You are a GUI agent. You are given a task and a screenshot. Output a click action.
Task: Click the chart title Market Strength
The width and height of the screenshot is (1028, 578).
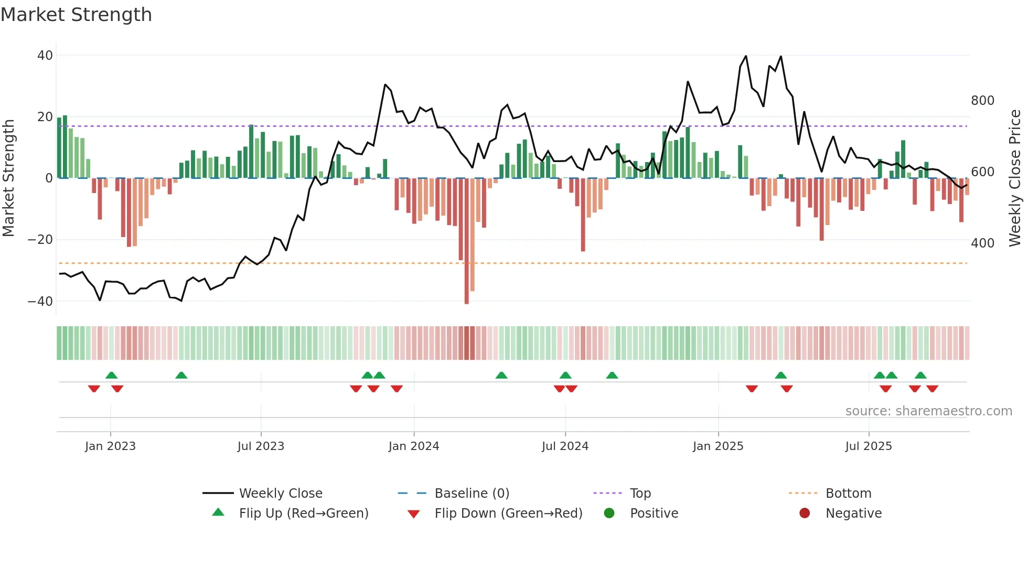coord(76,15)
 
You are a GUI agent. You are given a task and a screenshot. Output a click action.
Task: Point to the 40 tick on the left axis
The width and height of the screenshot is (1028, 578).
coord(45,56)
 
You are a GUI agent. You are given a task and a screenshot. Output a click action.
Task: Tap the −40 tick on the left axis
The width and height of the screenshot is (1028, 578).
coord(40,302)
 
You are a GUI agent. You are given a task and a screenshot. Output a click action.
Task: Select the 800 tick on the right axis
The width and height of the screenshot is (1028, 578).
coord(982,101)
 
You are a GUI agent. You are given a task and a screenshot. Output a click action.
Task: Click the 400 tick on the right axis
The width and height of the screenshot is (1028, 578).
coord(982,243)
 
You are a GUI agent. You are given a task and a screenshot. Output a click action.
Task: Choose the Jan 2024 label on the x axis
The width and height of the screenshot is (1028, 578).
coord(414,446)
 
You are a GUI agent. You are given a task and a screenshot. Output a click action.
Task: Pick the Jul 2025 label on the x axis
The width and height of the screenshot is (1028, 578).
coord(869,446)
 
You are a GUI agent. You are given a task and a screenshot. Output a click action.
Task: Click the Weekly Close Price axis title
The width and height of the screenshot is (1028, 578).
coord(1015,178)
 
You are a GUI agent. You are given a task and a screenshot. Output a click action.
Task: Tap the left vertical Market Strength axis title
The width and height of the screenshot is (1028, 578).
coord(8,178)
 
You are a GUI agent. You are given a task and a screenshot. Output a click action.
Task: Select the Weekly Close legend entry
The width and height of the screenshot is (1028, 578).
coord(281,494)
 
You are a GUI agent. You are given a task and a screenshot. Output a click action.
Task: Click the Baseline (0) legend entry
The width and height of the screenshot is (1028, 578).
coord(472,494)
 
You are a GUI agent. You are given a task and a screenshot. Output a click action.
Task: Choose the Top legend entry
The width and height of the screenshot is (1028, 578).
coord(640,494)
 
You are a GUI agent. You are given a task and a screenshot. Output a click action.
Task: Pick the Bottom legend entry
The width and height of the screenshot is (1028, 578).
coord(848,494)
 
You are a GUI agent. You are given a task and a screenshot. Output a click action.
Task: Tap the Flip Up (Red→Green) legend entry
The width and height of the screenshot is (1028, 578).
coord(304,513)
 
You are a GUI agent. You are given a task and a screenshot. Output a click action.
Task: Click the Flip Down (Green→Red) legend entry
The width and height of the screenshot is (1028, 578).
coord(508,513)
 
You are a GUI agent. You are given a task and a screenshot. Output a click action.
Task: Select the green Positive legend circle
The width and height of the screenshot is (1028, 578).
coord(609,513)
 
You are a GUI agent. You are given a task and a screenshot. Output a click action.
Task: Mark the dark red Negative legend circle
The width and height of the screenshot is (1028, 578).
coord(805,513)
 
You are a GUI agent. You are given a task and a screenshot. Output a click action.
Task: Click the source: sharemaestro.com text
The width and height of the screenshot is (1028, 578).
coord(928,411)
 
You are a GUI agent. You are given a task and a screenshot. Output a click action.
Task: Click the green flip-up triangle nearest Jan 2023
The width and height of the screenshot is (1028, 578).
coord(111,376)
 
